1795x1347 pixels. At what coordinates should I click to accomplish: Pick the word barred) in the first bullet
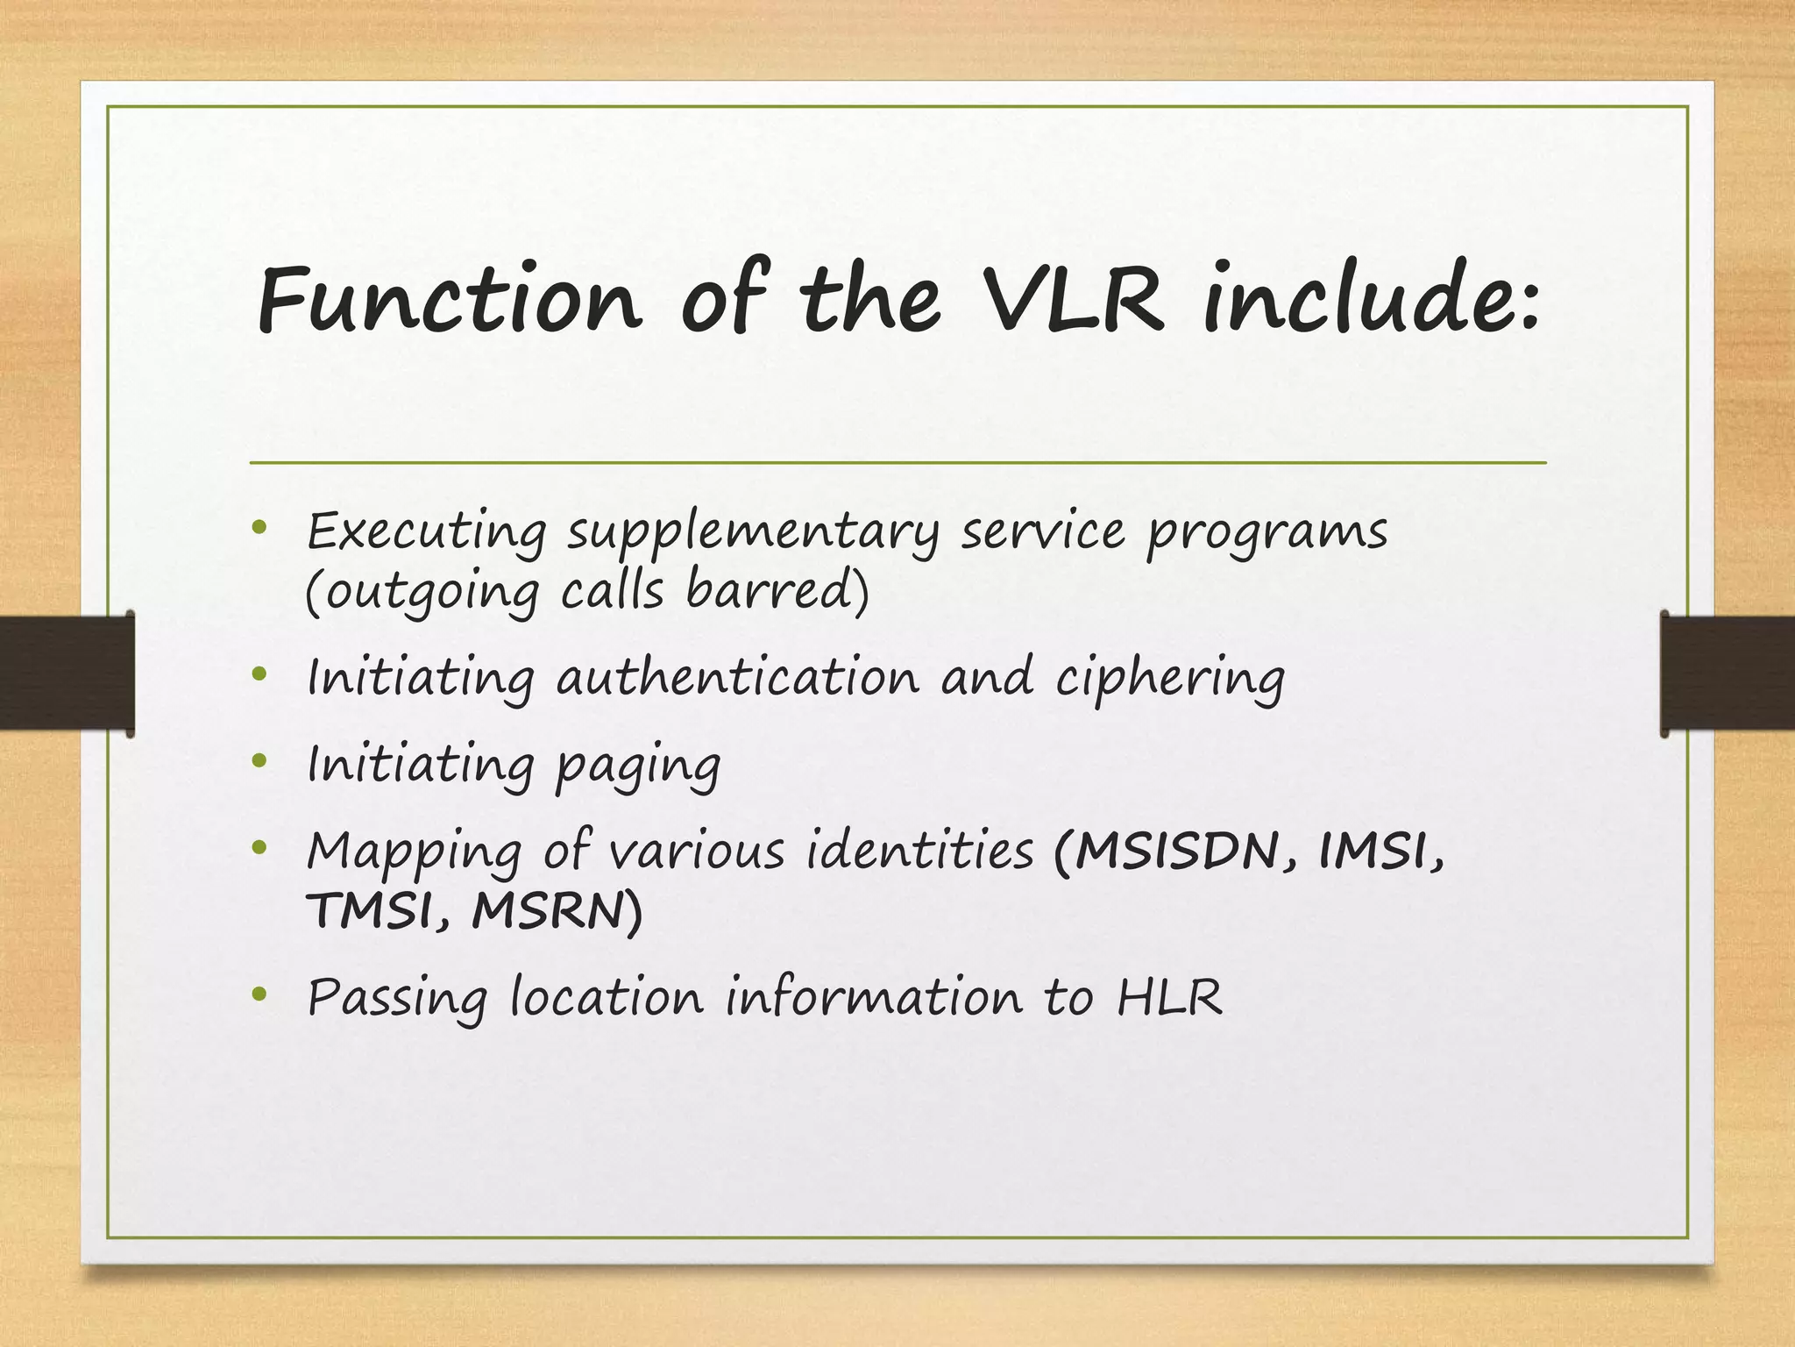[777, 590]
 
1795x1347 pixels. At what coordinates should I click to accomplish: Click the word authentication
[738, 679]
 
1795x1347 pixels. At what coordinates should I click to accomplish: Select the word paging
[638, 766]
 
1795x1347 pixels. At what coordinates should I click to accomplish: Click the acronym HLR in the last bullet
[1169, 997]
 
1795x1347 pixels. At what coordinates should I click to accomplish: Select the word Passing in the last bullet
[397, 999]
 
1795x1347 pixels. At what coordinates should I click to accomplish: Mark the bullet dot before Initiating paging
[258, 760]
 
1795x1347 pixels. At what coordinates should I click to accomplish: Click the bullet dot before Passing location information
[258, 994]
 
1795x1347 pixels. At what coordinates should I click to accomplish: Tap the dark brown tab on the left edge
[67, 673]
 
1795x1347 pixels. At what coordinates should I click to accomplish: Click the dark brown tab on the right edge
[1728, 673]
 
